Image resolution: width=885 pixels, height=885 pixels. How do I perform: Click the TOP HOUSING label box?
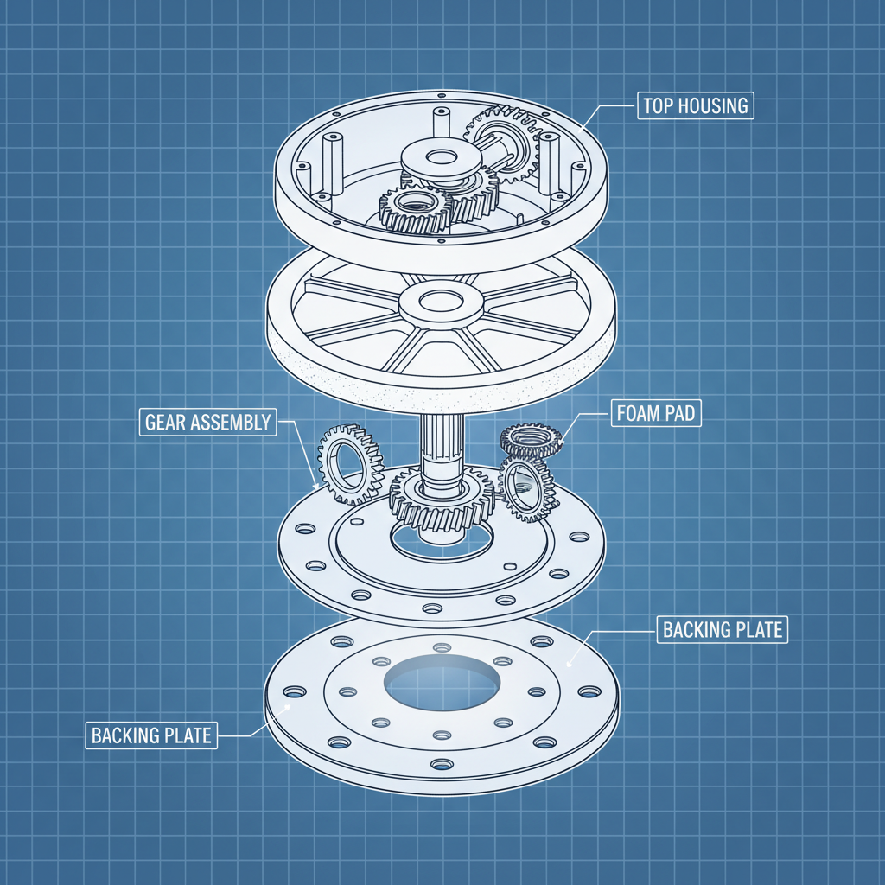[696, 106]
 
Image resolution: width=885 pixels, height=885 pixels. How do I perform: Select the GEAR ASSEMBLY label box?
[207, 423]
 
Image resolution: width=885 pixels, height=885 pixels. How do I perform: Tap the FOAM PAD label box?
[654, 413]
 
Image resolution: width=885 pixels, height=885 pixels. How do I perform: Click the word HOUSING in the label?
[716, 106]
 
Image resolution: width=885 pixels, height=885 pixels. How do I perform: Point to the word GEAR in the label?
[166, 423]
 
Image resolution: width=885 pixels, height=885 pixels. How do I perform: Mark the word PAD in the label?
[681, 413]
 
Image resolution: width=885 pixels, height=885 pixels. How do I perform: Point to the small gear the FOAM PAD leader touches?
[532, 440]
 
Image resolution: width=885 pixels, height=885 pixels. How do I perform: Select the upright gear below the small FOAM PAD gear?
[526, 489]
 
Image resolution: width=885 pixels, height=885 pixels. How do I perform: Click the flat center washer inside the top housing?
[441, 158]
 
